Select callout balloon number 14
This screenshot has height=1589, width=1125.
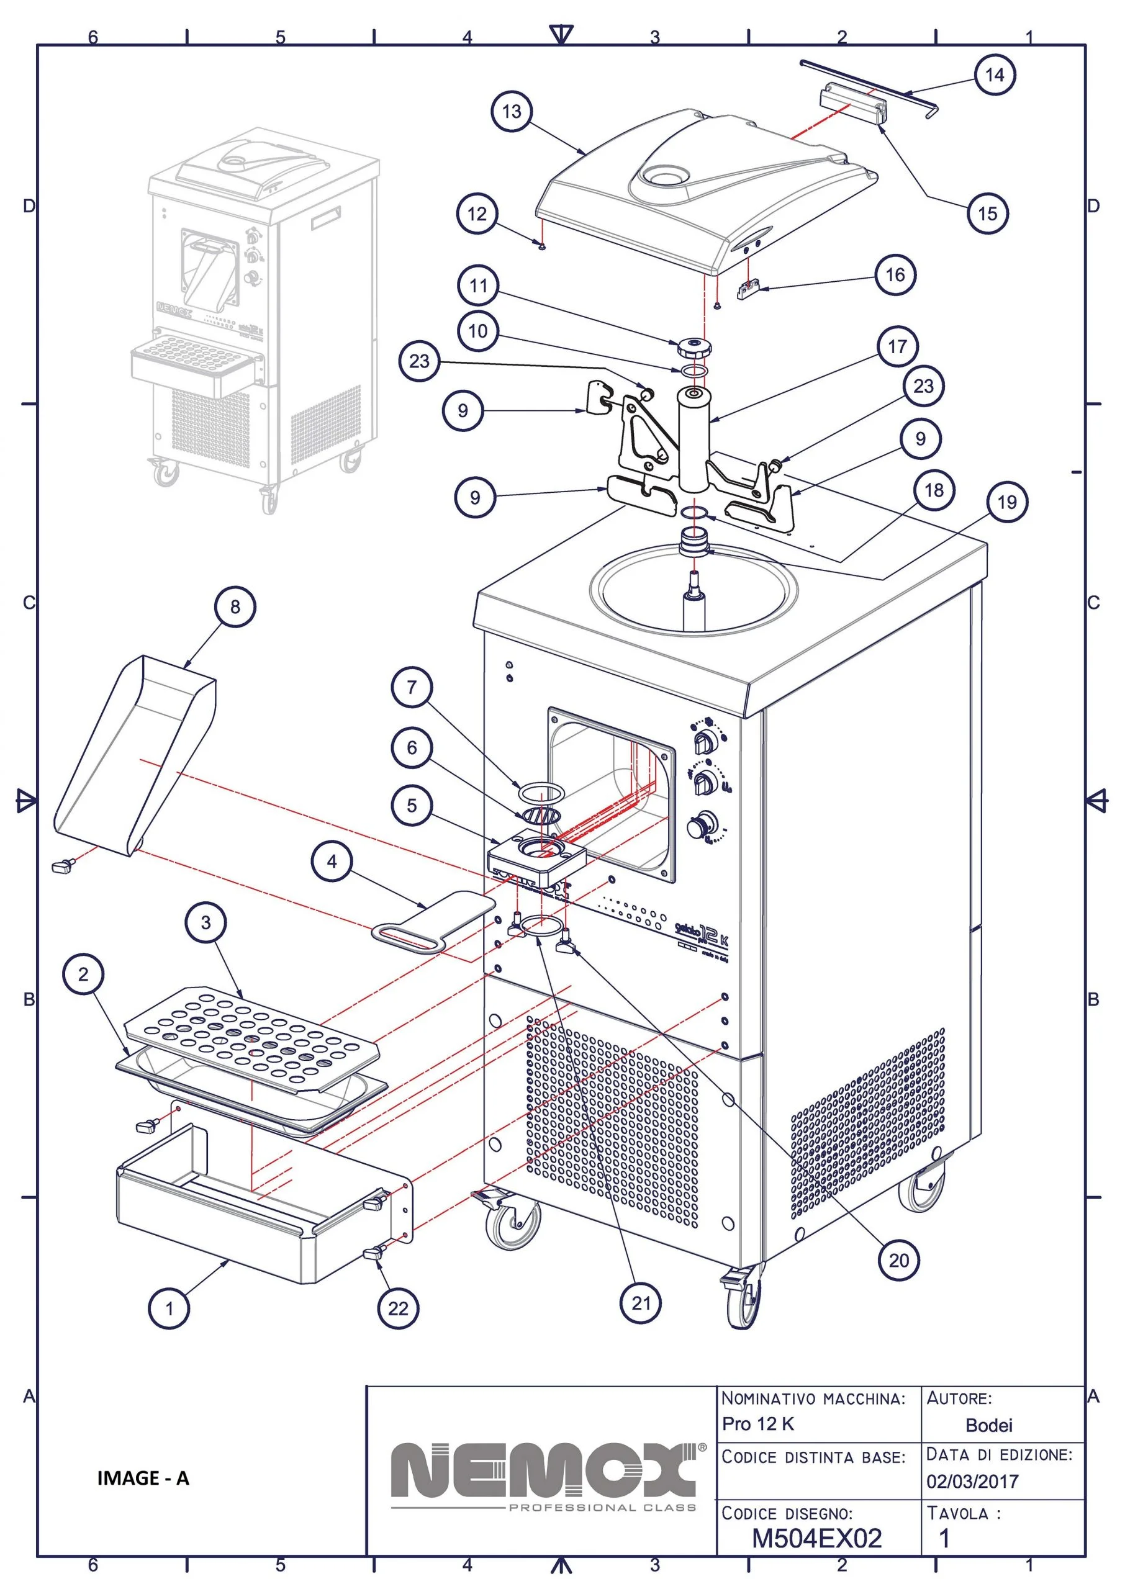point(994,74)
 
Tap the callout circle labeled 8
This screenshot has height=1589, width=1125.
point(235,606)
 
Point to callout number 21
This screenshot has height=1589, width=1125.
point(641,1303)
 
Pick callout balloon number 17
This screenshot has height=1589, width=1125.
point(897,346)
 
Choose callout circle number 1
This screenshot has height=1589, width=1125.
point(169,1308)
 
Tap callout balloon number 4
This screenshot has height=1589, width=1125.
point(332,862)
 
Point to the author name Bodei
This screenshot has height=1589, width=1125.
point(988,1425)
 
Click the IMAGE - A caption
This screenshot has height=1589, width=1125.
point(143,1479)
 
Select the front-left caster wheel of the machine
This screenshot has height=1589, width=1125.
point(514,1224)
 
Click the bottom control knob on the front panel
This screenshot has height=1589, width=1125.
point(698,826)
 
